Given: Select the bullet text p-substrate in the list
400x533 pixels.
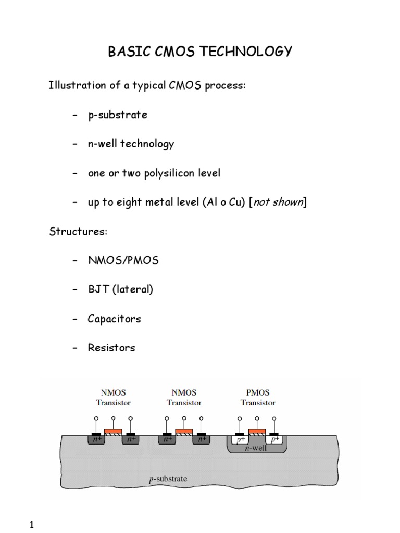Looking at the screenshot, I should pyautogui.click(x=117, y=115).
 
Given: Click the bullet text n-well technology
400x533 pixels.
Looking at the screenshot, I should pyautogui.click(x=131, y=144).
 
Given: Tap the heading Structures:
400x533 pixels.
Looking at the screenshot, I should pyautogui.click(x=78, y=232).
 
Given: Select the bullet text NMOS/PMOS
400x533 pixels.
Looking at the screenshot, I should pyautogui.click(x=123, y=261).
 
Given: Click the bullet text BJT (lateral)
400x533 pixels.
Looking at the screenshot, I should pyautogui.click(x=120, y=290).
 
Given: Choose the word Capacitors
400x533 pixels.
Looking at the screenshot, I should pyautogui.click(x=114, y=319).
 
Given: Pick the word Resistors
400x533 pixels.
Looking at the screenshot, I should pyautogui.click(x=111, y=348).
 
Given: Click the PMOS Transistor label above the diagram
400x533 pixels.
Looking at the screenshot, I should pyautogui.click(x=257, y=398).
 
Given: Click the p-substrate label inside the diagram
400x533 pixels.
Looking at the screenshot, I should pyautogui.click(x=168, y=479).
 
